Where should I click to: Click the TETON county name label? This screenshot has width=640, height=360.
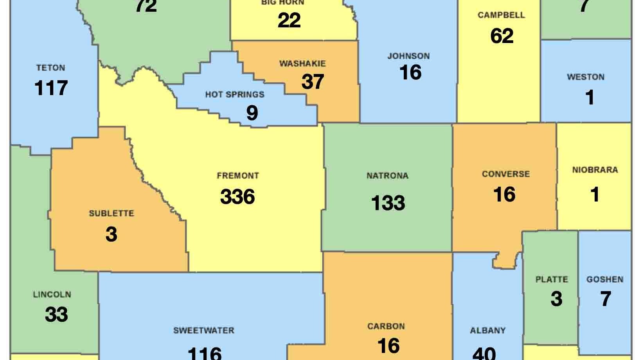point(50,68)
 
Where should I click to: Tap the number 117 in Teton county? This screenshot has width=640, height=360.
point(51,88)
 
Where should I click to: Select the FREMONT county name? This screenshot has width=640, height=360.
point(238,176)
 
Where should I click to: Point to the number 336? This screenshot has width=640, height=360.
point(237,196)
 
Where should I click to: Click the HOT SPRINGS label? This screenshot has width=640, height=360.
point(235,95)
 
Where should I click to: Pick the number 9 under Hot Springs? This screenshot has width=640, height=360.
point(252,113)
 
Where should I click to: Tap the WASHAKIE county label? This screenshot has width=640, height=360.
point(302,63)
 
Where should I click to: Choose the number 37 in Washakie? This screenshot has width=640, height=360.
point(313,82)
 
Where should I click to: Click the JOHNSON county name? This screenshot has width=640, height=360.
point(408,56)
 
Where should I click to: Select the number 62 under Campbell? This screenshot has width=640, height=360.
point(502,36)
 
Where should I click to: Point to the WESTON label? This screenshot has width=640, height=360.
point(586,77)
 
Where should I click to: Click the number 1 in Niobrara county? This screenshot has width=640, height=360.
point(595,194)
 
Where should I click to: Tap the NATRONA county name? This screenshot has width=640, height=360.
point(387,176)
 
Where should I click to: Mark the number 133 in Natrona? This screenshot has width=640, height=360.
point(388,203)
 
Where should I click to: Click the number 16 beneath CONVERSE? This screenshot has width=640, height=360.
point(505,194)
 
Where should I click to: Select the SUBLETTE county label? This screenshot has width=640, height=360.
point(111,214)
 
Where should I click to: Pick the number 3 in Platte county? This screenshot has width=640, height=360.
point(556,299)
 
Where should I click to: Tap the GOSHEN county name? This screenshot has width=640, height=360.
point(605,279)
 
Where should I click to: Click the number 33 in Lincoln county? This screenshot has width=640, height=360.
point(56,314)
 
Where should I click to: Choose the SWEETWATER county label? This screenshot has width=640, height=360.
point(204,331)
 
